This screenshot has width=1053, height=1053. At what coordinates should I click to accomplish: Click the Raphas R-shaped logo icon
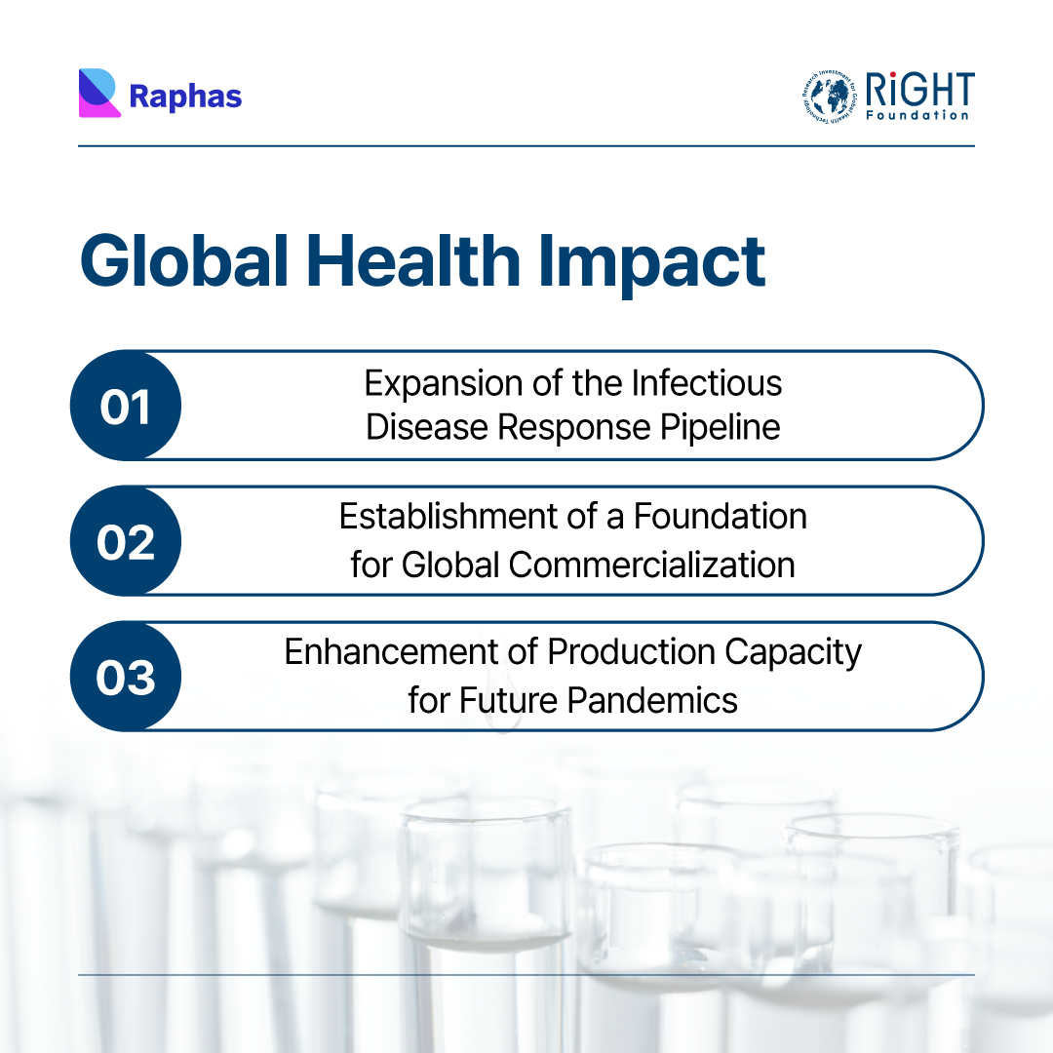[x=99, y=93]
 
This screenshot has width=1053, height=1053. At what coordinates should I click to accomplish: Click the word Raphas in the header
[x=185, y=97]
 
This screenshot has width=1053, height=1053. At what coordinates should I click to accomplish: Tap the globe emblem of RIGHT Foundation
[x=830, y=97]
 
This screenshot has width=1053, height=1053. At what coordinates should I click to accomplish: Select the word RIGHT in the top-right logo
[x=919, y=90]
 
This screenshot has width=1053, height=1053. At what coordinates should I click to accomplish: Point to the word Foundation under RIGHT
[x=917, y=115]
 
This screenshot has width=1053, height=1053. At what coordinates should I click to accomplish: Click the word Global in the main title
[x=184, y=260]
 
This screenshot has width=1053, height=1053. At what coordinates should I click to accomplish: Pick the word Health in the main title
[x=413, y=260]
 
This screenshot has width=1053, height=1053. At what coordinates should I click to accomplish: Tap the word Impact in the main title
[x=651, y=264]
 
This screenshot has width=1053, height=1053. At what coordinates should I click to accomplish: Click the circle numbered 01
[x=126, y=406]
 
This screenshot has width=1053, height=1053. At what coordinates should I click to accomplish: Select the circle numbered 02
[x=126, y=541]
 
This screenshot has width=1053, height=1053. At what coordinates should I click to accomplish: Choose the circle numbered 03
[x=126, y=677]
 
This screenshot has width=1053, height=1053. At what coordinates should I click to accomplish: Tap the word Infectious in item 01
[x=707, y=383]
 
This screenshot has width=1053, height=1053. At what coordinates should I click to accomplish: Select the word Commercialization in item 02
[x=651, y=565]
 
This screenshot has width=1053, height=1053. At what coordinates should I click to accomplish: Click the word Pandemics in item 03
[x=652, y=700]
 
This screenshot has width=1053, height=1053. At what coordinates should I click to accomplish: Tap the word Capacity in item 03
[x=793, y=653]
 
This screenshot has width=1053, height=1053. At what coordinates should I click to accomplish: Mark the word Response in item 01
[x=574, y=428]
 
